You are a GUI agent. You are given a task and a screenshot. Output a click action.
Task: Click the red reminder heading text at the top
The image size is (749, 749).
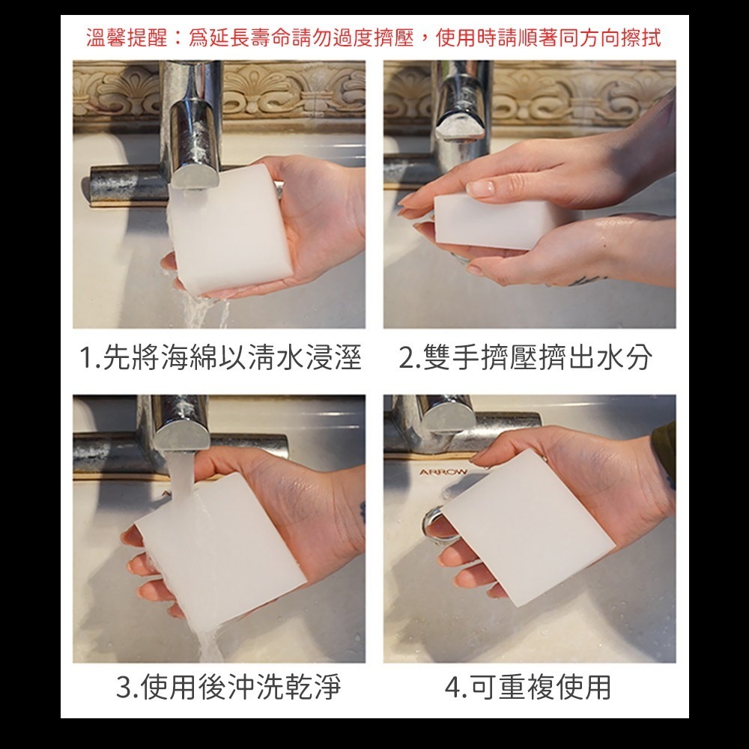pyautogui.click(x=374, y=37)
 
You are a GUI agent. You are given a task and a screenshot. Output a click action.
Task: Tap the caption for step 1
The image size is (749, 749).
pyautogui.click(x=219, y=357)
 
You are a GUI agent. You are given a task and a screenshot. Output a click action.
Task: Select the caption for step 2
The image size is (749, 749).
pyautogui.click(x=526, y=357)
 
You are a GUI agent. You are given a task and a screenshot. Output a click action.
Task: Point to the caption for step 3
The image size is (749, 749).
pyautogui.click(x=228, y=686)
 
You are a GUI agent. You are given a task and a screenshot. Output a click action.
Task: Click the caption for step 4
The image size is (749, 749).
pyautogui.click(x=528, y=686)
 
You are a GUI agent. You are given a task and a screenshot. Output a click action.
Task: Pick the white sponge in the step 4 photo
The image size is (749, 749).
pyautogui.click(x=528, y=528)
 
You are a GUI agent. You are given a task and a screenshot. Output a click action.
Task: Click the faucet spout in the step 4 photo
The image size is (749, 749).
pyautogui.click(x=446, y=413)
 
